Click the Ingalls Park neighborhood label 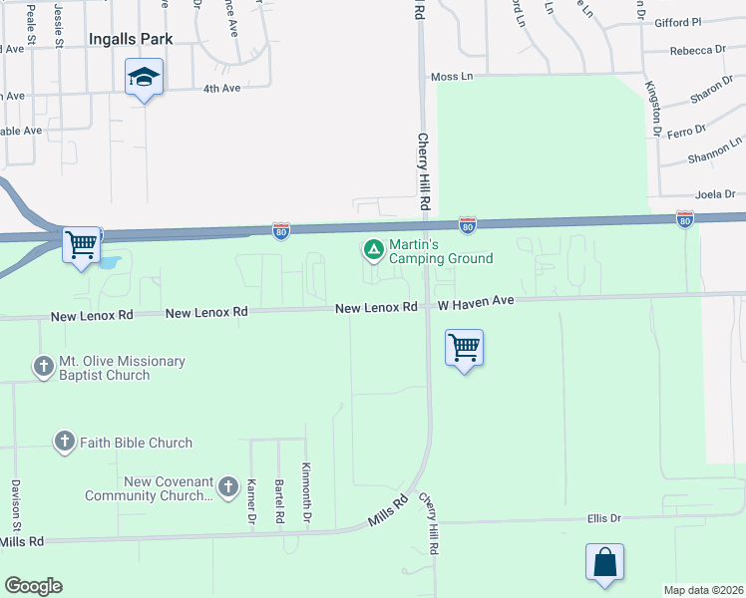(131, 39)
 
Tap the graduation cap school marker (144, 77)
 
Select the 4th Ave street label (221, 89)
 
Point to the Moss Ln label (452, 77)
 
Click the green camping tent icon (373, 249)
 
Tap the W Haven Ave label (475, 301)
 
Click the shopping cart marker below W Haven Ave (464, 348)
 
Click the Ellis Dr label (604, 518)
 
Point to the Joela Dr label (715, 194)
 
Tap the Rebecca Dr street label (698, 50)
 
